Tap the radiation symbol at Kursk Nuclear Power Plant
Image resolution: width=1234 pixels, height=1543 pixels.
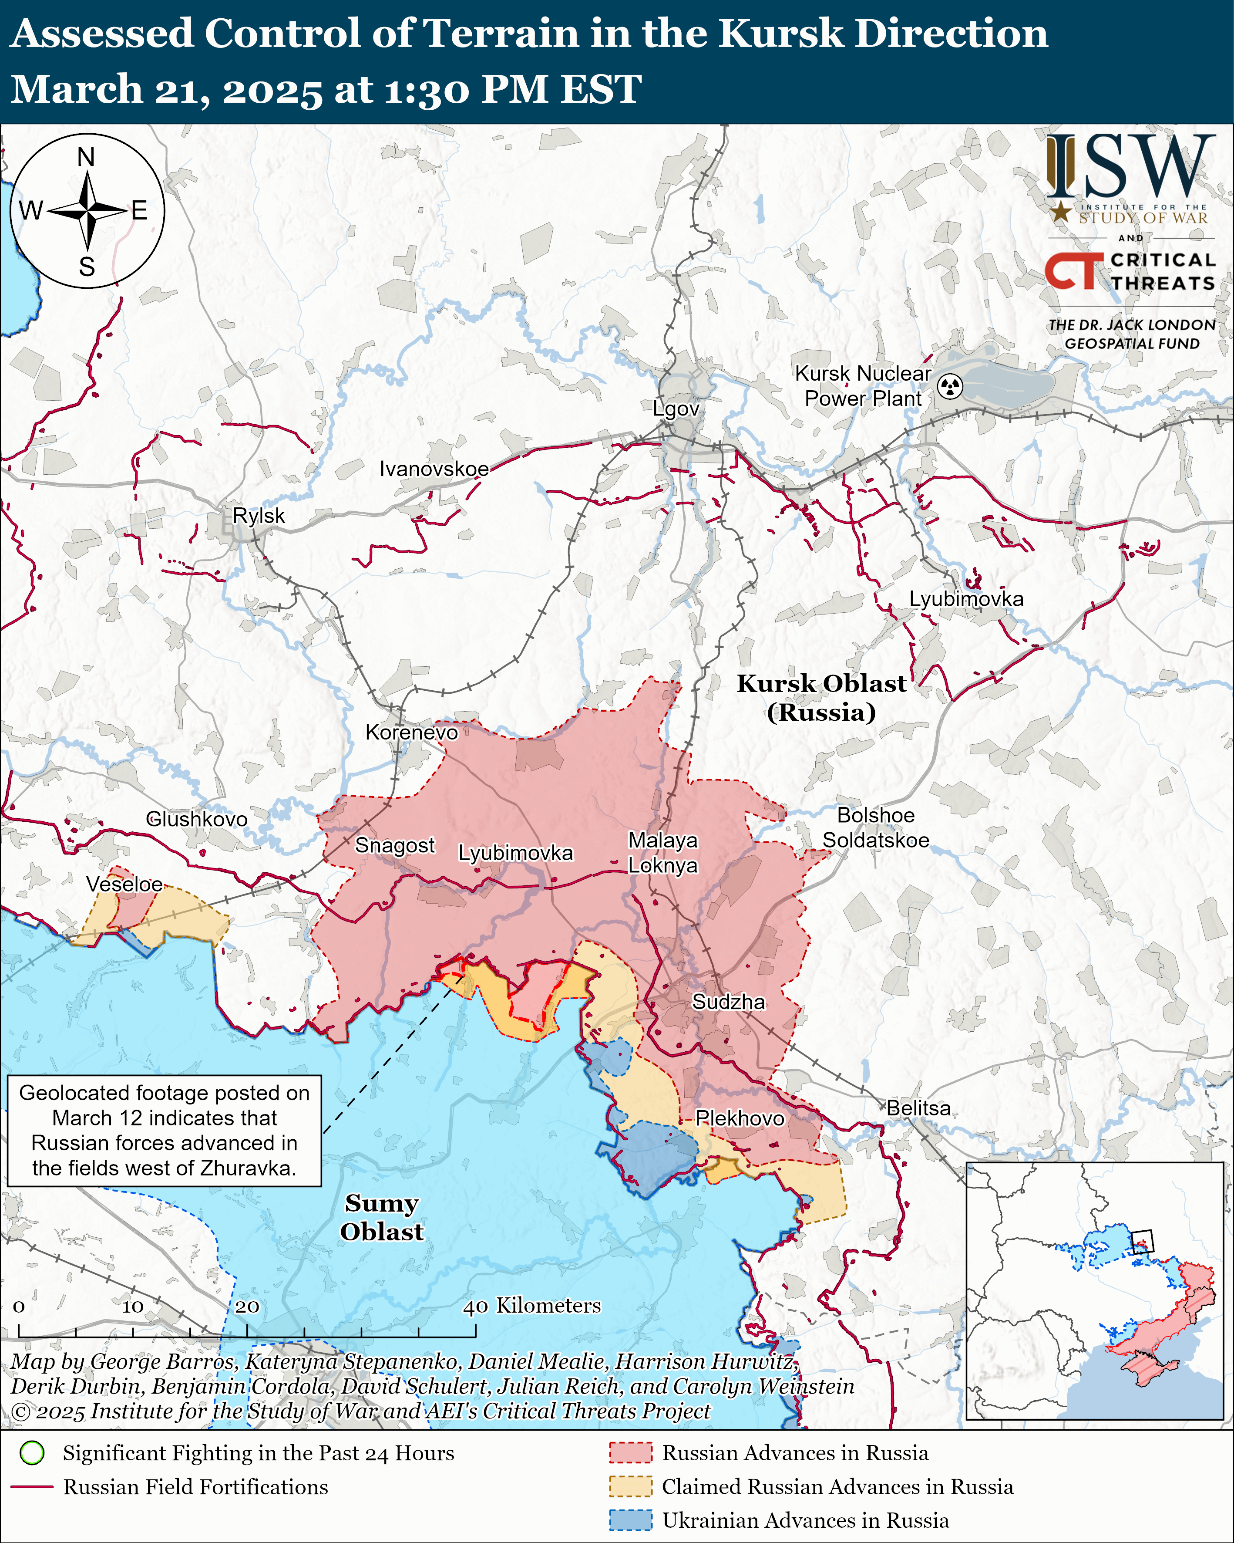point(950,386)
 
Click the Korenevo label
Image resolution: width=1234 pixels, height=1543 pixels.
point(411,732)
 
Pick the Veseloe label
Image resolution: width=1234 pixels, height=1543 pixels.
point(124,884)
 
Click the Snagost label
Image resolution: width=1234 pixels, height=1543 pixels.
point(395,845)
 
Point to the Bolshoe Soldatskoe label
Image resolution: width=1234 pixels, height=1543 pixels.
point(876,827)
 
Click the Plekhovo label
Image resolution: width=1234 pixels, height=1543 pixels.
point(739,1118)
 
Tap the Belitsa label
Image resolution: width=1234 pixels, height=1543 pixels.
point(918,1108)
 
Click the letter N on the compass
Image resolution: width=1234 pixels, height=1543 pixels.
point(86,157)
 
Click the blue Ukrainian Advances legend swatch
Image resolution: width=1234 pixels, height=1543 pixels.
point(630,1519)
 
